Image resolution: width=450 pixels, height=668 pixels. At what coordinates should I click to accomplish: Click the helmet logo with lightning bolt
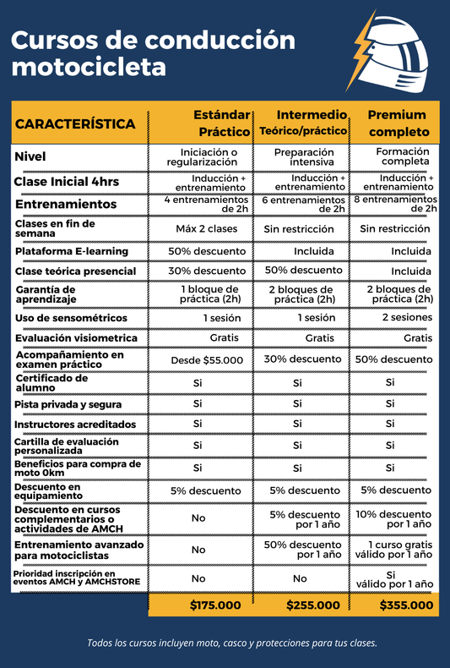(392, 52)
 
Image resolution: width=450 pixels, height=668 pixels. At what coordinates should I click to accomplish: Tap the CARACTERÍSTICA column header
(75, 123)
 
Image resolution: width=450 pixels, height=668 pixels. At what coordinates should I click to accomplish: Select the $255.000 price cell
(312, 605)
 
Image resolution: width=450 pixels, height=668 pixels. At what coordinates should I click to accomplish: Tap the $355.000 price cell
(405, 605)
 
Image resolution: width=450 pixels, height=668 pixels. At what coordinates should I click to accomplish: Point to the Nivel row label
(30, 156)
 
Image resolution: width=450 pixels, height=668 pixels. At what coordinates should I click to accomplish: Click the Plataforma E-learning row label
(72, 251)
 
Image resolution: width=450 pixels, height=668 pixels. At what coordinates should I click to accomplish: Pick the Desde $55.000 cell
(207, 359)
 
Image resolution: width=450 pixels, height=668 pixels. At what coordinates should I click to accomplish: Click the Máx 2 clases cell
(207, 228)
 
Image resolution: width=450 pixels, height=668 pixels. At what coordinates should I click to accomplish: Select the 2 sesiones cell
(406, 317)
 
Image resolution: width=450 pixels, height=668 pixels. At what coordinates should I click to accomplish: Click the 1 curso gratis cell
(400, 550)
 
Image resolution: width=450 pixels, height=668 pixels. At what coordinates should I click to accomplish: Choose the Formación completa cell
(402, 156)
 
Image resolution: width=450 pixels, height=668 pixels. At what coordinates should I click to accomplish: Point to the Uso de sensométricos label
(71, 318)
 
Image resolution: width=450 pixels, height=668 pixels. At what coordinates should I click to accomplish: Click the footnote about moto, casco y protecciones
(231, 643)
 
